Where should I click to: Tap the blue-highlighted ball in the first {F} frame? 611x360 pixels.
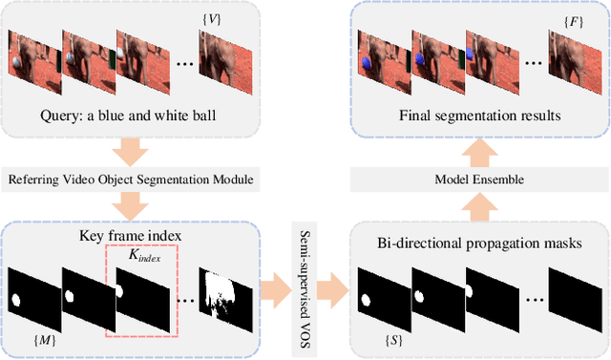coord(367,62)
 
